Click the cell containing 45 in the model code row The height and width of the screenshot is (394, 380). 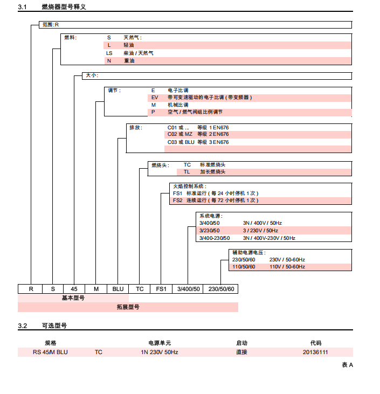[74, 289]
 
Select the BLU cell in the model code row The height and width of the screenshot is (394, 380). [118, 289]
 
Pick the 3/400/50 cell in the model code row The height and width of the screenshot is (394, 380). [189, 289]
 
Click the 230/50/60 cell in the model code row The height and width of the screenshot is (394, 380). [222, 289]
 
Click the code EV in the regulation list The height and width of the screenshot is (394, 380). [155, 98]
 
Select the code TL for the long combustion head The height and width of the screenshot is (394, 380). [187, 172]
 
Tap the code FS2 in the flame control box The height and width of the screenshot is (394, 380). [178, 200]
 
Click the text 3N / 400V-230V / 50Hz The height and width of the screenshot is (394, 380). [269, 238]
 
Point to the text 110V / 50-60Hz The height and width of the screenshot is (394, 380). [287, 267]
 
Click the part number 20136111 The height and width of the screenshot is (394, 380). [315, 352]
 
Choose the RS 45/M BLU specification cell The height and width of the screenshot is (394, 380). [51, 352]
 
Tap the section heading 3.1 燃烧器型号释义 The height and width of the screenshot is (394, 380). [52, 7]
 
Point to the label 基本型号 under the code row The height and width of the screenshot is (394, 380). [73, 298]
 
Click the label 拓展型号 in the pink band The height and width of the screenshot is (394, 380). [128, 307]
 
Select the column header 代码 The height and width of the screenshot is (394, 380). [315, 342]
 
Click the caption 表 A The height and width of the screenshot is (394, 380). [347, 365]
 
